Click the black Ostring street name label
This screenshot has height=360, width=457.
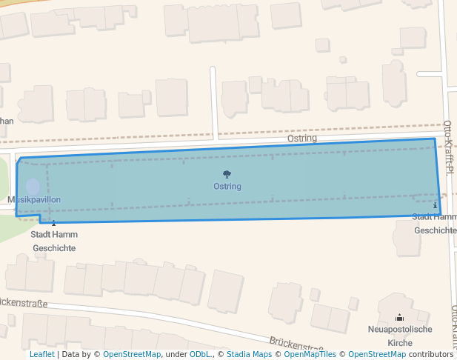302,139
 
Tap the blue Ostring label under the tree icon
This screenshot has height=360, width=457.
227,187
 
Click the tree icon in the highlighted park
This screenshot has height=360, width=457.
227,175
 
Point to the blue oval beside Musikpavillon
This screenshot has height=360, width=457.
33,187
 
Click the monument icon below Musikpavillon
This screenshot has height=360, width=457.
53,221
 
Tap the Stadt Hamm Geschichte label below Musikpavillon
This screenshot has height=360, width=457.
53,241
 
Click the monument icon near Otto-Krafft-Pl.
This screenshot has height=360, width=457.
435,204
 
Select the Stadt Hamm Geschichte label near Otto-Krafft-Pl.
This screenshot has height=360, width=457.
435,223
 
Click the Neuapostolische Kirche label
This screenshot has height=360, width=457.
400,336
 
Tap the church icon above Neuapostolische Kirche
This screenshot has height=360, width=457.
400,317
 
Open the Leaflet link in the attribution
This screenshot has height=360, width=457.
41,355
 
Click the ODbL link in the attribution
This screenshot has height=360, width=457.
200,355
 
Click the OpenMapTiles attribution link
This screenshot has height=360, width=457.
310,355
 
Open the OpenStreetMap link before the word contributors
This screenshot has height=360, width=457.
377,355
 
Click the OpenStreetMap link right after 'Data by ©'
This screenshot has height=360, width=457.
132,355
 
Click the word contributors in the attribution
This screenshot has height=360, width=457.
431,355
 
